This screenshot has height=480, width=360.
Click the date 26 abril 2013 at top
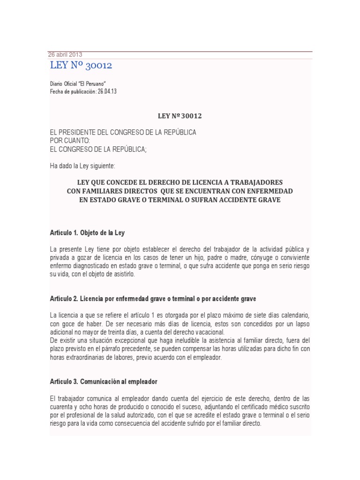point(65,54)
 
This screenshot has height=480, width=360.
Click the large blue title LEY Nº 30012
point(81,66)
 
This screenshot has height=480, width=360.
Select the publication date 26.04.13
point(107,91)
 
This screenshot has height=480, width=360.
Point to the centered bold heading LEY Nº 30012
point(180,115)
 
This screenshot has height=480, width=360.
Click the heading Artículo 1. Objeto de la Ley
point(87,232)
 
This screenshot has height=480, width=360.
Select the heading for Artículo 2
point(153,299)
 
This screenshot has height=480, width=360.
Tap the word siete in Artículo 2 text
point(249,314)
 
